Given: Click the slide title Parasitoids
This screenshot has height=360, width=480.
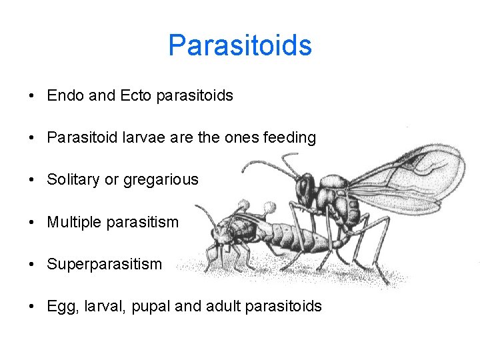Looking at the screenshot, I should pyautogui.click(x=239, y=46).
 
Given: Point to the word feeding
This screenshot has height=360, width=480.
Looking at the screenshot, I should pyautogui.click(x=289, y=138).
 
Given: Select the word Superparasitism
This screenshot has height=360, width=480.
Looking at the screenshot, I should pyautogui.click(x=104, y=265).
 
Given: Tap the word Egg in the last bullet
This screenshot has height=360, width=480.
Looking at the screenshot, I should pyautogui.click(x=59, y=307).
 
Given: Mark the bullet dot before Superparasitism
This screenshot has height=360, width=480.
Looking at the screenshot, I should pyautogui.click(x=32, y=265).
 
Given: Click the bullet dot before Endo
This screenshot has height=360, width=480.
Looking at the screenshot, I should pyautogui.click(x=32, y=96).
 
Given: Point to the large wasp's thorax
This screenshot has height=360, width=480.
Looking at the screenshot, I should pyautogui.click(x=334, y=197).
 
